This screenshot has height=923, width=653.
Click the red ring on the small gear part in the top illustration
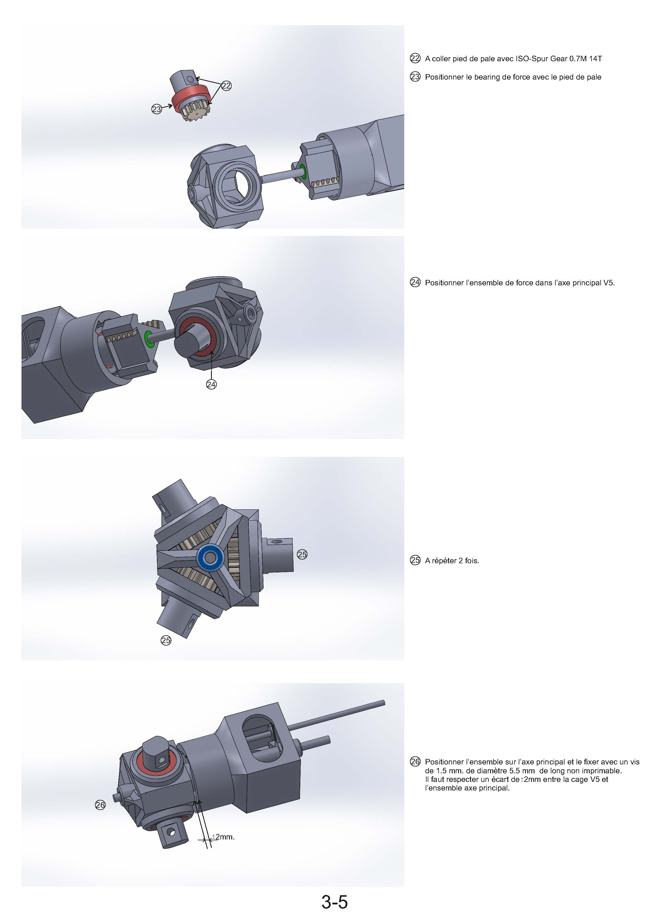point(191,97)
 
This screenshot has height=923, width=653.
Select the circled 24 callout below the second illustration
point(211,385)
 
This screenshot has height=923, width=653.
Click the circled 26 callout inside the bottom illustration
point(100,805)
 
